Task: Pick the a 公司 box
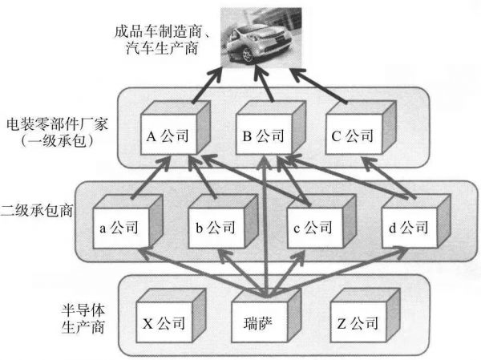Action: tap(123, 227)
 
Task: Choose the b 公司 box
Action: tap(215, 227)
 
